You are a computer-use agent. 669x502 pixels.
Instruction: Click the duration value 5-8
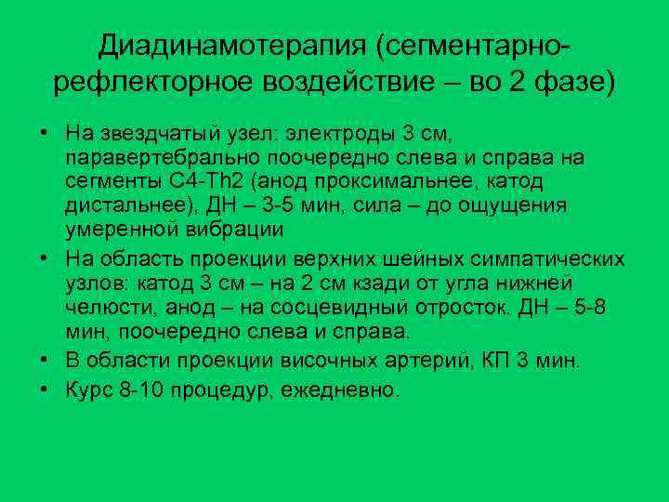584,307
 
